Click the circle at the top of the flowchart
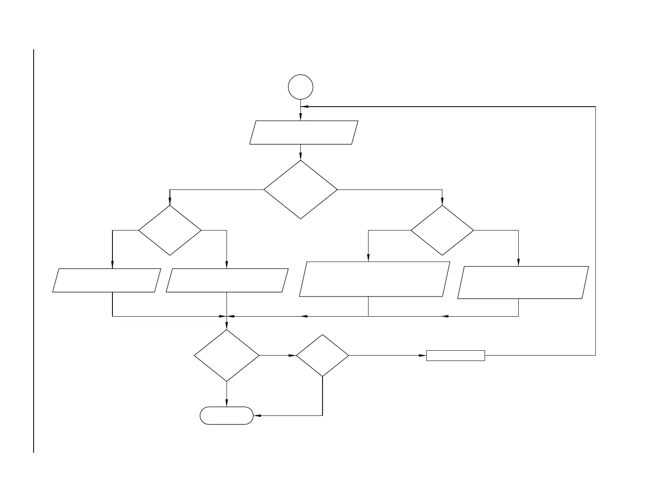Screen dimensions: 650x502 pyautogui.click(x=301, y=87)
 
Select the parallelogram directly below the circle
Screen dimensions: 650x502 pyautogui.click(x=304, y=132)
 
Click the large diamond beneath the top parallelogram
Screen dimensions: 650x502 pyautogui.click(x=300, y=189)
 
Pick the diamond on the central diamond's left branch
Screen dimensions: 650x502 pyautogui.click(x=170, y=230)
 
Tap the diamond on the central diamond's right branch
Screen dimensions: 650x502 pyautogui.click(x=442, y=230)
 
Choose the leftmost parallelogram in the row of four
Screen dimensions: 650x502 pyautogui.click(x=106, y=281)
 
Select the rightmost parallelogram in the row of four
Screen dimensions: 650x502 pyautogui.click(x=523, y=283)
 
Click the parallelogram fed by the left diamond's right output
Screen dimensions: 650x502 pyautogui.click(x=227, y=281)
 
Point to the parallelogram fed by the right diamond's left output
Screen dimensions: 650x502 pyautogui.click(x=374, y=279)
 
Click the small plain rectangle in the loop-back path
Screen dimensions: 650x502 pyautogui.click(x=455, y=356)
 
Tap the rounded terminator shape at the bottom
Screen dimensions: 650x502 pyautogui.click(x=227, y=415)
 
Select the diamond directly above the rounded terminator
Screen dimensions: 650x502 pyautogui.click(x=227, y=356)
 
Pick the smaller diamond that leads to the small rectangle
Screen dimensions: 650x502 pyautogui.click(x=323, y=356)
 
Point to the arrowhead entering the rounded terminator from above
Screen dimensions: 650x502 pyautogui.click(x=227, y=404)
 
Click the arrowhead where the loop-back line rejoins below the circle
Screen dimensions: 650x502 pyautogui.click(x=304, y=107)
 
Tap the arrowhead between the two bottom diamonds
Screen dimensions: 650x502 pyautogui.click(x=293, y=356)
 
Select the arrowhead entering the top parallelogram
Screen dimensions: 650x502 pyautogui.click(x=300, y=118)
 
